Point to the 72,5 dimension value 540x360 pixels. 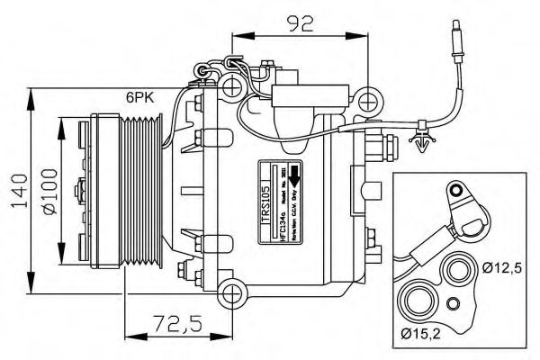[x=176, y=322]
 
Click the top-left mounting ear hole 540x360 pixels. [x=232, y=87]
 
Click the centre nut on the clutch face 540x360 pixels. [x=81, y=189]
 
